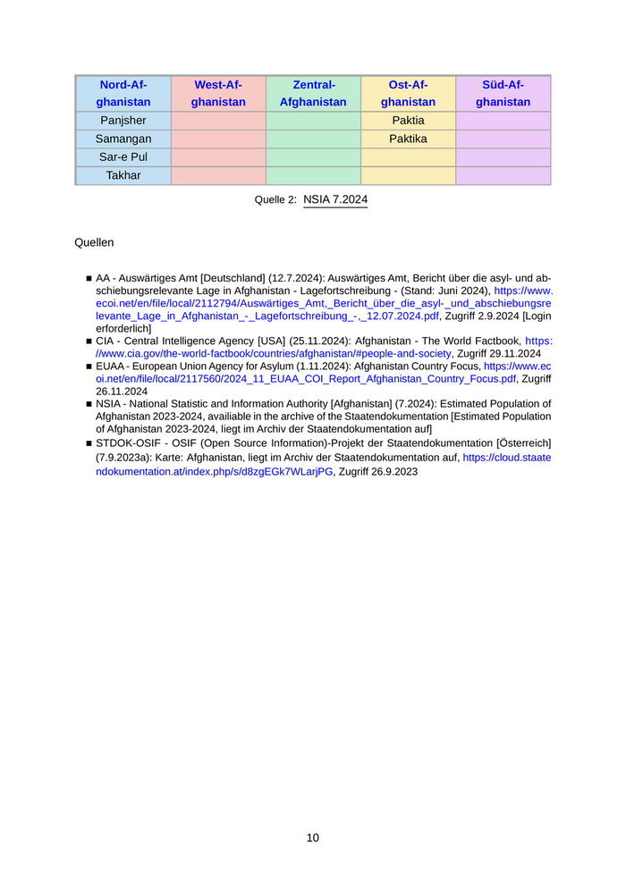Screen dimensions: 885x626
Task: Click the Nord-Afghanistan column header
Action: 123,94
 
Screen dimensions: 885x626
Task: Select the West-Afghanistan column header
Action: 218,94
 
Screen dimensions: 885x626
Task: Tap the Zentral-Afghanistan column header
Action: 313,94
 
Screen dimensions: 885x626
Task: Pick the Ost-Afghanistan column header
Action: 408,94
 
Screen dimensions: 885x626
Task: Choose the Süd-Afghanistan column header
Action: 503,94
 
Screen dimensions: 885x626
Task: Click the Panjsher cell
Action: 123,121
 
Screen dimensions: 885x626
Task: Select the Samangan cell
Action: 123,139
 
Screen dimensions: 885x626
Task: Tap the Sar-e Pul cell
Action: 123,157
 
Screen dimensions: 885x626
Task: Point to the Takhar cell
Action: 123,175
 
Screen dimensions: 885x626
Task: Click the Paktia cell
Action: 408,121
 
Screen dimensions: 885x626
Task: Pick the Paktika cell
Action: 408,139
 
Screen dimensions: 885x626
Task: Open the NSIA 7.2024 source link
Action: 335,200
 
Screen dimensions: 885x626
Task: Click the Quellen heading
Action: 94,242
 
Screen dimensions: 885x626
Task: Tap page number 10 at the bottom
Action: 313,838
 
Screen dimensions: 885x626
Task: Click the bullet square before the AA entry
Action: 89,279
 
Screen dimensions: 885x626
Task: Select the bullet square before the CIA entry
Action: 89,341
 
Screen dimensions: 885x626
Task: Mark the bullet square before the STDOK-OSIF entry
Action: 89,444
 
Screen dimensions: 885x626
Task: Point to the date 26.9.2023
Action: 393,472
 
